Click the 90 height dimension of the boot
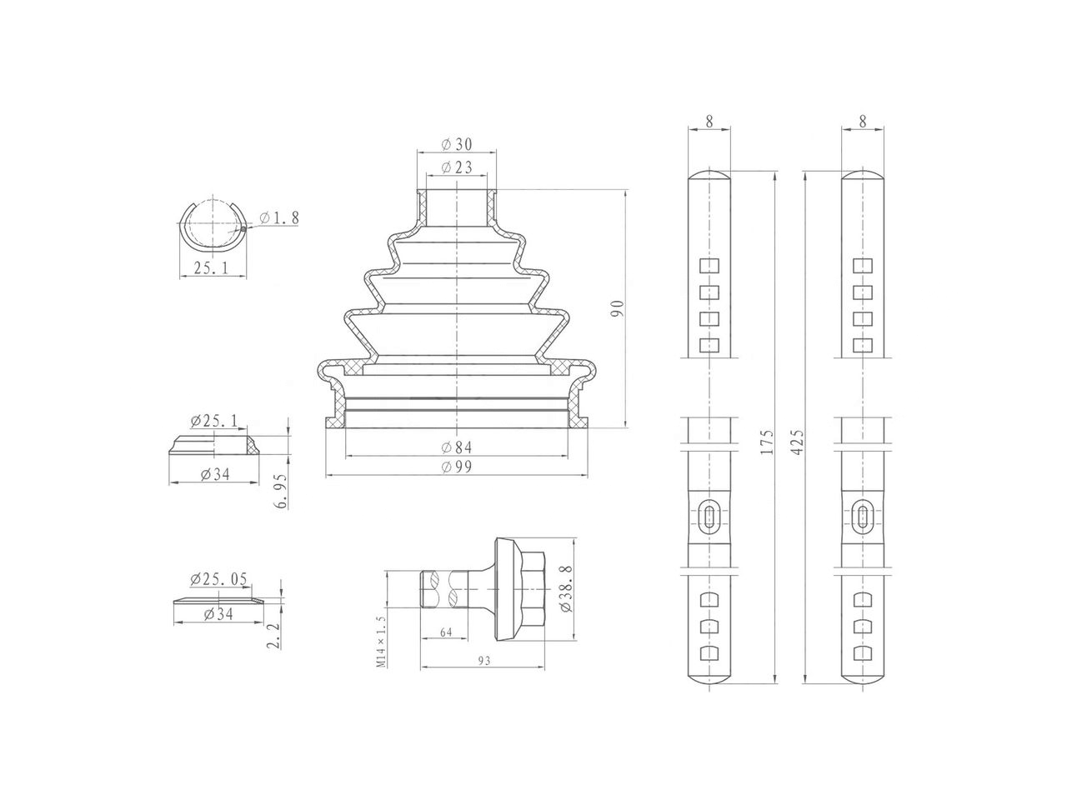coord(617,309)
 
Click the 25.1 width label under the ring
coord(213,267)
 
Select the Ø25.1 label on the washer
coord(213,420)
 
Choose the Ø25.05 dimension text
coord(218,579)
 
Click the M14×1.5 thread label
coord(381,642)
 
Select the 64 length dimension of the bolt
coord(445,632)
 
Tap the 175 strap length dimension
coord(768,442)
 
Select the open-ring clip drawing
coord(213,224)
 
